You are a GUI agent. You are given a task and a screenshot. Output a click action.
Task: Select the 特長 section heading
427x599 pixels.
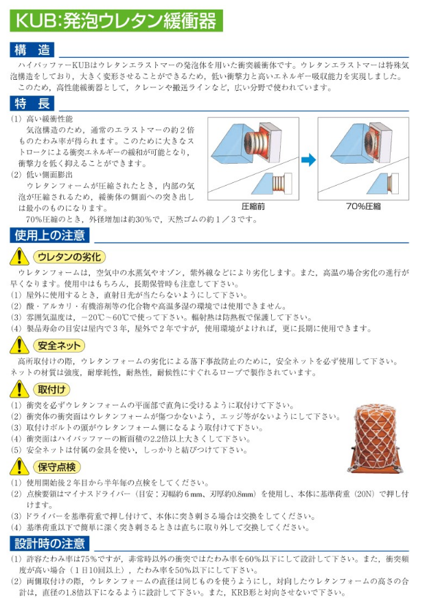pos(33,104)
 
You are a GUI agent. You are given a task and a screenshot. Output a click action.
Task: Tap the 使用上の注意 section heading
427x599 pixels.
pos(51,235)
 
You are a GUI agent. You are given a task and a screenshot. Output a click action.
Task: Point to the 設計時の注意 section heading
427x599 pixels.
pos(51,544)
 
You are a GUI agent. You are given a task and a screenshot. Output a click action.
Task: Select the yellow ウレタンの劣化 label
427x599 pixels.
pos(69,257)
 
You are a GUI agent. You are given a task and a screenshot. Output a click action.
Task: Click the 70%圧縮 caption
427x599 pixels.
pos(365,206)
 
